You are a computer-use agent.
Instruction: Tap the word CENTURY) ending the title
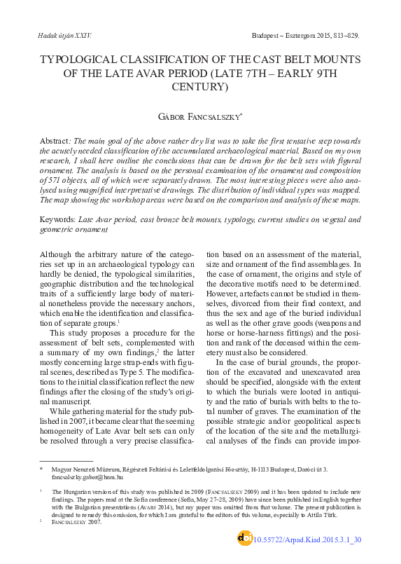[203, 87]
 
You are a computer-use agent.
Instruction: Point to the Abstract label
[55, 140]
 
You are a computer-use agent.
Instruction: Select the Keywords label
[58, 219]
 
